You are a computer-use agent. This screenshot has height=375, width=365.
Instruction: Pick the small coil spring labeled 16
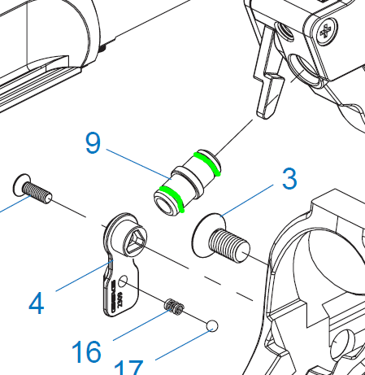coord(174,307)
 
